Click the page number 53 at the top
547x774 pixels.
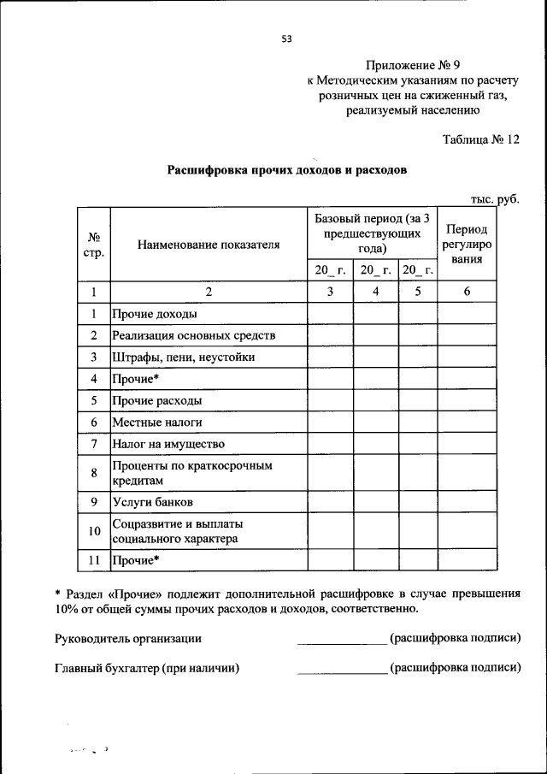tap(286, 38)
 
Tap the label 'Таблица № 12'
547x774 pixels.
tap(481, 139)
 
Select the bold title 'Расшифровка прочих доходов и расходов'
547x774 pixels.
tap(286, 170)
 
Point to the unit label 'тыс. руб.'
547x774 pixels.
tap(495, 199)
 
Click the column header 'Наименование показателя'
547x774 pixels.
tap(209, 245)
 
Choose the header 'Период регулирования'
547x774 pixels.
tap(467, 244)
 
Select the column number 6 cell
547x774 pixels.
tap(467, 292)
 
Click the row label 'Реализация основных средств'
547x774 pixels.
tap(193, 335)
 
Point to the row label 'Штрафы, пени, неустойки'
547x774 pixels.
tap(183, 357)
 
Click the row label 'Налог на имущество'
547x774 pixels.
tap(168, 444)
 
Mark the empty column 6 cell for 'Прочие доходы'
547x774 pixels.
tap(467, 314)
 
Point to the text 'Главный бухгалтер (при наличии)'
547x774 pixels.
tap(146, 669)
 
